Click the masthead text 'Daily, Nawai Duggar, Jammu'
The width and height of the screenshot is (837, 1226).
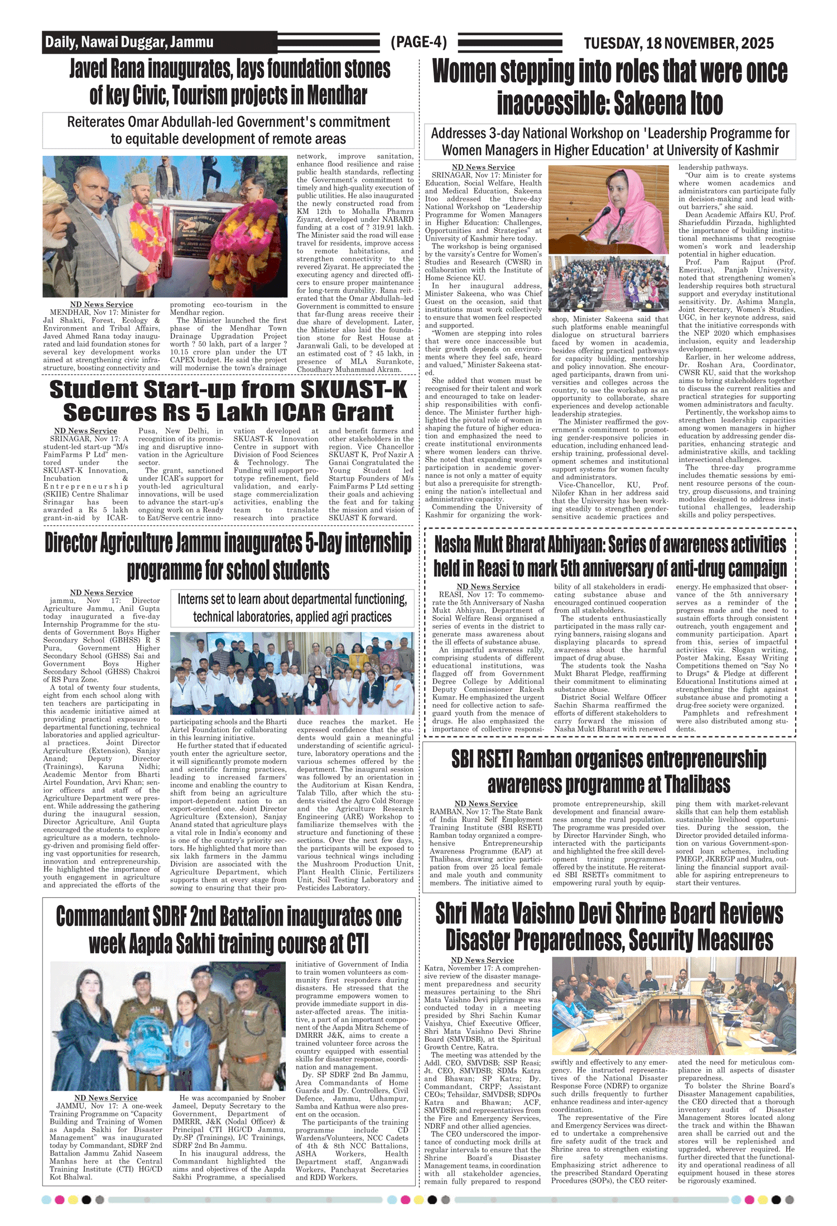pos(129,42)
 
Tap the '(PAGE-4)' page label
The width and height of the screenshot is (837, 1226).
pos(419,42)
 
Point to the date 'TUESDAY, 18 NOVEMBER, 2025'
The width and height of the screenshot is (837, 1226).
pos(679,43)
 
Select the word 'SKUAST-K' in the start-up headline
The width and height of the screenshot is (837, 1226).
pos(354,390)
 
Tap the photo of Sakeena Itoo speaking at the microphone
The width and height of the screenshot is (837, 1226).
pos(608,210)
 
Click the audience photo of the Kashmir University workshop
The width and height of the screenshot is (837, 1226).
pos(608,284)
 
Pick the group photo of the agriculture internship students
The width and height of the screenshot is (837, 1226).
pos(292,673)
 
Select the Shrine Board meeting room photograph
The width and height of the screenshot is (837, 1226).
pos(674,1006)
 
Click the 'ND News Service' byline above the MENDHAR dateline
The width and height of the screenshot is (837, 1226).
pos(102,304)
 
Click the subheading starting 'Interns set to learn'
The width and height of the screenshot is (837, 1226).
pos(292,608)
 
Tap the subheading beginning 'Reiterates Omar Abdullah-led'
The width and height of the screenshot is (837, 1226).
pos(228,130)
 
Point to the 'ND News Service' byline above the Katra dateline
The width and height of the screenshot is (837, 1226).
pos(482,960)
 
